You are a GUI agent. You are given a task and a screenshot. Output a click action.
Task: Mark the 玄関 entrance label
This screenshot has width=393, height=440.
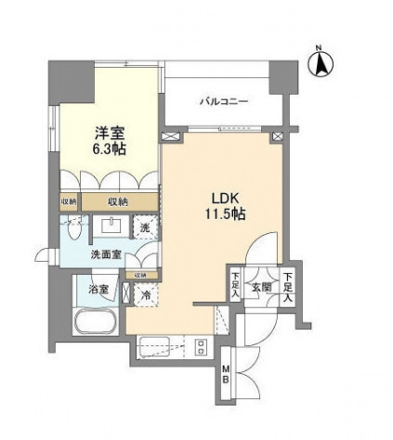pos(264,287)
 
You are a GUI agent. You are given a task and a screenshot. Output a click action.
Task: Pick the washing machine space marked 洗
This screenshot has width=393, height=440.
pos(145,227)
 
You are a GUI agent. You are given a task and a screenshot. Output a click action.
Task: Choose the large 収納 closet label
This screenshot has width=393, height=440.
pos(117,201)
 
